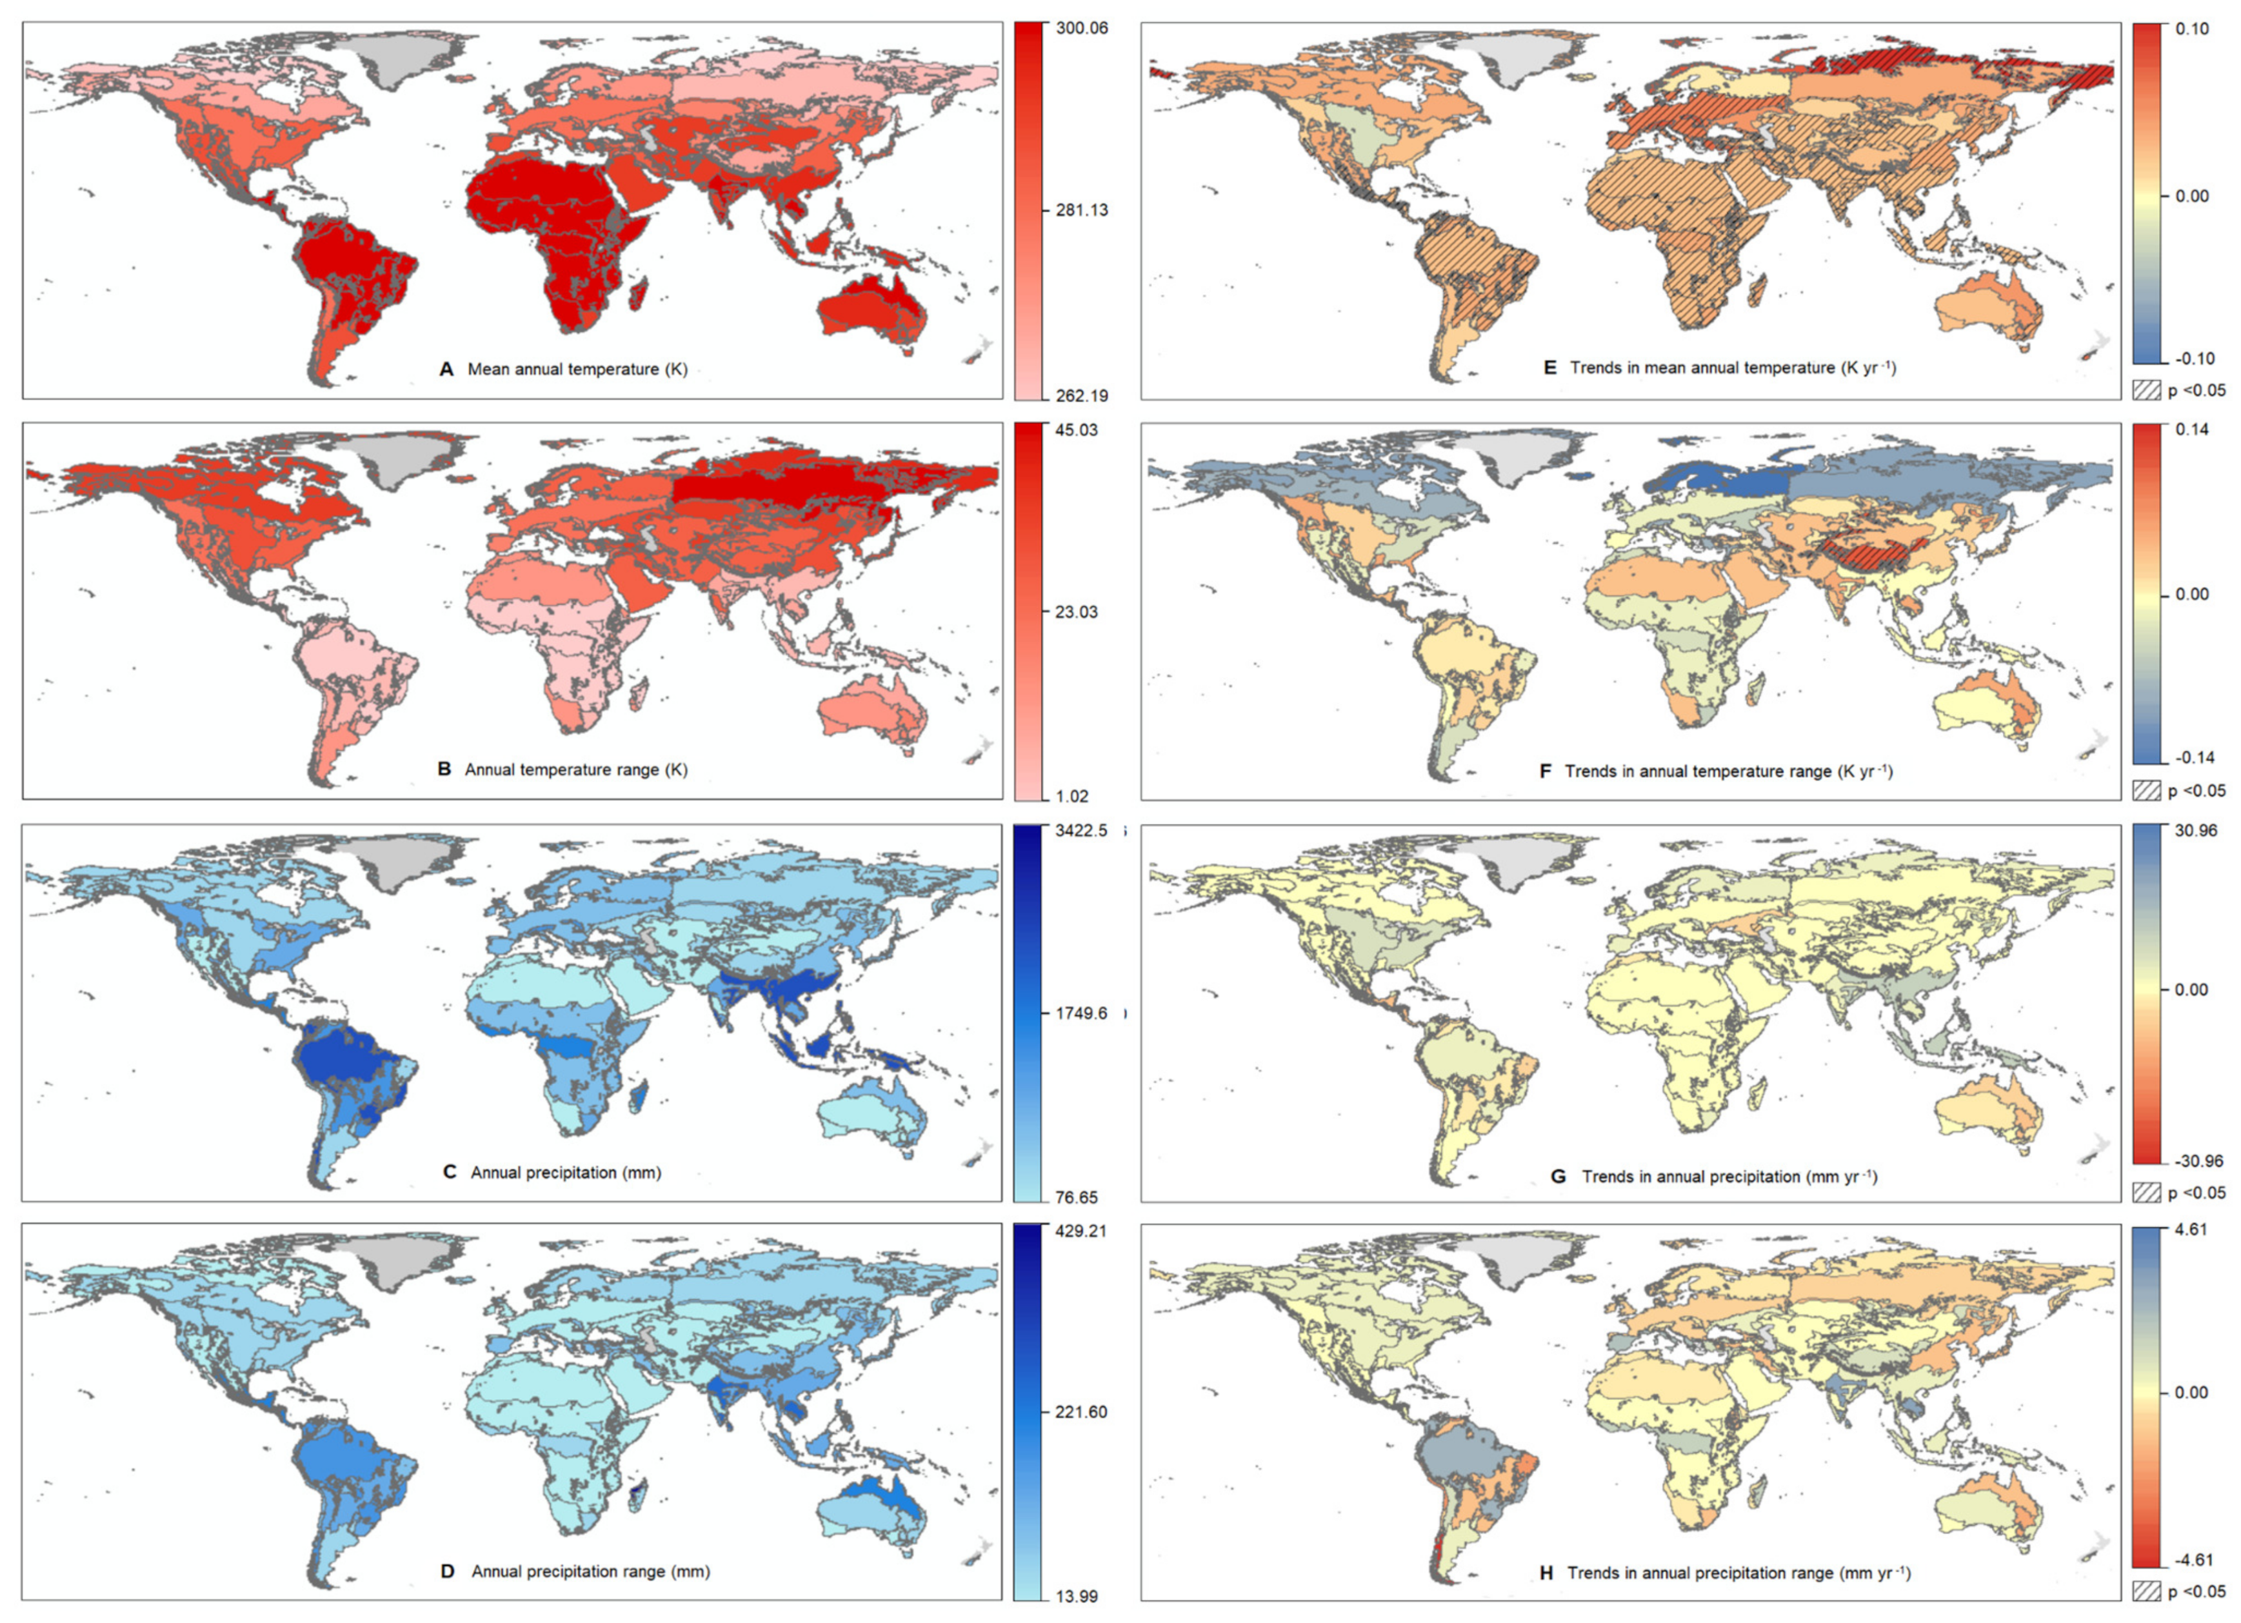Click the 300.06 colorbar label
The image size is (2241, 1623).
point(1081,28)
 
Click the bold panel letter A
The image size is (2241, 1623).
point(446,370)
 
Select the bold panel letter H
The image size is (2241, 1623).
point(1546,1573)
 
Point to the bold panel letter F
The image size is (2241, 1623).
point(1546,772)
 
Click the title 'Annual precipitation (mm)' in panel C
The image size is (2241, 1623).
point(565,1173)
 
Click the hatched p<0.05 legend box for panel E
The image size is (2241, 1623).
point(2146,390)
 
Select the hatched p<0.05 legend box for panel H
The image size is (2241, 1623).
point(2146,1593)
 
